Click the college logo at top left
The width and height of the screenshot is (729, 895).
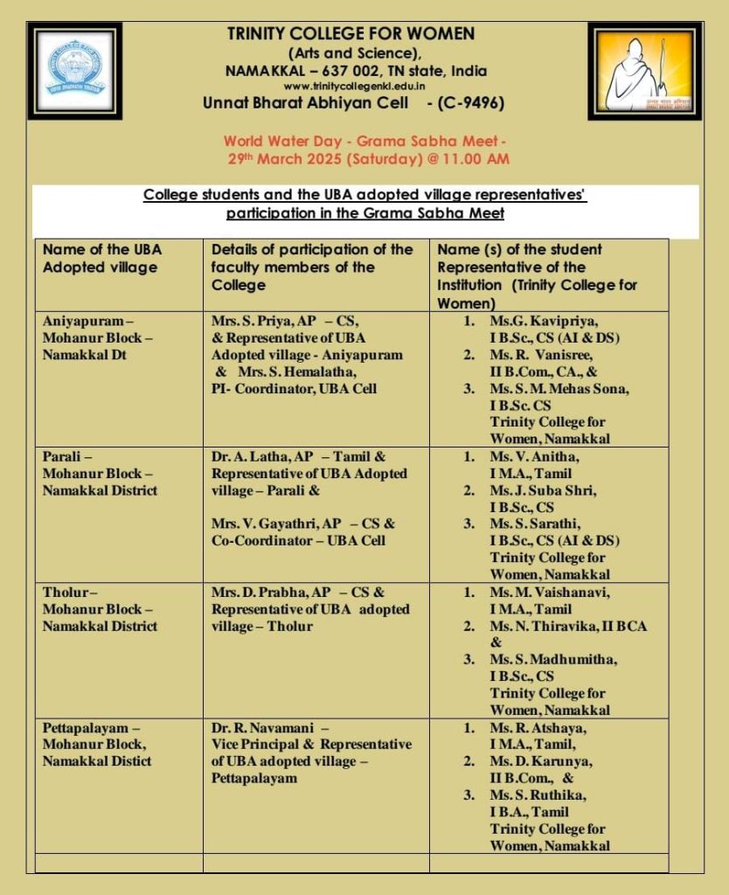(74, 71)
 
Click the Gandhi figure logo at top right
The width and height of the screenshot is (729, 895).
(645, 72)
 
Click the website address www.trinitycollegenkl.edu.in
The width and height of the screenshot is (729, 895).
(355, 86)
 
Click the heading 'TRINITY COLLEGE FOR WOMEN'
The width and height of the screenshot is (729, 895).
(351, 34)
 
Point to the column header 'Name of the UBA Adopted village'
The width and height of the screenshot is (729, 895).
(101, 258)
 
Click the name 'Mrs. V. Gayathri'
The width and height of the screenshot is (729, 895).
(263, 524)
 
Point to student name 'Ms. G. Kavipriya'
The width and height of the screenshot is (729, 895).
(543, 321)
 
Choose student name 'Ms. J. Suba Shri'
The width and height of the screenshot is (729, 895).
(543, 489)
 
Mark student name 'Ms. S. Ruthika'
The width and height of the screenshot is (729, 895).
(538, 794)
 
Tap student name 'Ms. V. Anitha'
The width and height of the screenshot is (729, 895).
(534, 456)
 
